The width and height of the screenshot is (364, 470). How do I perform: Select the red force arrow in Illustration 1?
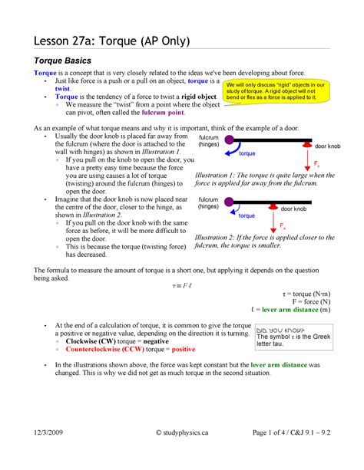click(307, 159)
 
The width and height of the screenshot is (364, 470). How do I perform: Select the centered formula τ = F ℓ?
click(182, 285)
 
